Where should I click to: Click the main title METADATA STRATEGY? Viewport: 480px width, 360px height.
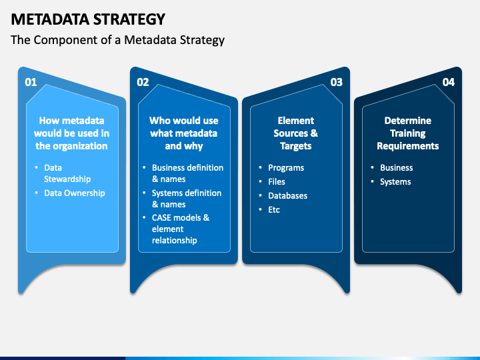click(x=88, y=19)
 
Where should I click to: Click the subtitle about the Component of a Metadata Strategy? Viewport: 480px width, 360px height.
click(x=117, y=40)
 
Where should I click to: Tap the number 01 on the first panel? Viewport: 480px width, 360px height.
click(x=31, y=82)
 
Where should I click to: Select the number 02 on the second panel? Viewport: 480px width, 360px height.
click(x=143, y=82)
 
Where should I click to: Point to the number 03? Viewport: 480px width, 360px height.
click(x=337, y=82)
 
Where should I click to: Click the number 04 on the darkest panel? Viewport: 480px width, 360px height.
click(x=449, y=82)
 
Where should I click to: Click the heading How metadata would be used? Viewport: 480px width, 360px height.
click(x=71, y=133)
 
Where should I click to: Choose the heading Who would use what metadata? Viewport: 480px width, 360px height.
click(x=184, y=133)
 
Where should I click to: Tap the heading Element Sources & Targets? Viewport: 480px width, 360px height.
click(x=296, y=133)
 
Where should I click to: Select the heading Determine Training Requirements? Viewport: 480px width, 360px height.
click(x=408, y=133)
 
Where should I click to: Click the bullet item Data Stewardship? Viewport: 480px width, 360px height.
click(x=67, y=173)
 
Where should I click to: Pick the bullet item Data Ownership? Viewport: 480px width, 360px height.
click(x=75, y=193)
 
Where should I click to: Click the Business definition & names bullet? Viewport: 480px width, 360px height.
click(x=187, y=173)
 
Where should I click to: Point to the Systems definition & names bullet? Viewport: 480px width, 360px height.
click(x=187, y=199)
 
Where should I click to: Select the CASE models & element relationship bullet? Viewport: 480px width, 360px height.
click(x=181, y=229)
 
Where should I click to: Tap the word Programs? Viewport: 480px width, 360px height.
click(x=286, y=168)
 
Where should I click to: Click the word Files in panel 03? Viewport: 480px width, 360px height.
click(x=277, y=181)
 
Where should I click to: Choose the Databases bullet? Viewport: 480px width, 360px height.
click(x=288, y=195)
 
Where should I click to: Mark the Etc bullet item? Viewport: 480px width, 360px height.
click(x=274, y=210)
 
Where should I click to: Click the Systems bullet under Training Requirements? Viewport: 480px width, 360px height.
click(x=395, y=182)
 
